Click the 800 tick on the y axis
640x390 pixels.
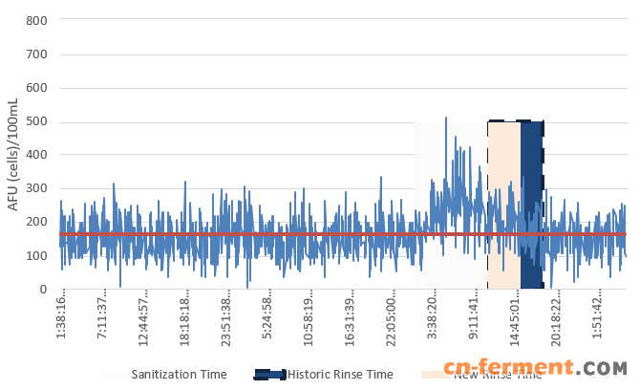(37, 20)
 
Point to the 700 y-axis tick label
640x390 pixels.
(37, 54)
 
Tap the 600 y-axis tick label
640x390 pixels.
(37, 88)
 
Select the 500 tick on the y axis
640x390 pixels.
(37, 121)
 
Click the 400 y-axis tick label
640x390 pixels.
(37, 155)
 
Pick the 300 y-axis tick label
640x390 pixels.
(37, 188)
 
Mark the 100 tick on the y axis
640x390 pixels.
(37, 255)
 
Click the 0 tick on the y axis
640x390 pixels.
(44, 289)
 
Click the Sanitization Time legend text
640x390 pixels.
(179, 374)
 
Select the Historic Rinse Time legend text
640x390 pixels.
(340, 374)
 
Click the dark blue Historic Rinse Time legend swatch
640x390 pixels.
(269, 374)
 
